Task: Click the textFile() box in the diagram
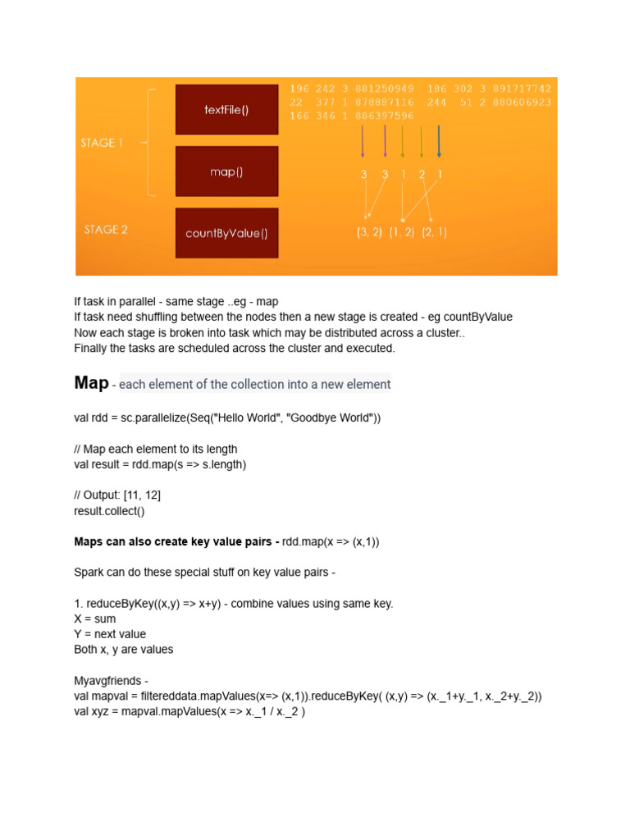click(x=226, y=110)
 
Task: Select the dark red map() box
click(x=226, y=171)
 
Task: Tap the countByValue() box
click(x=226, y=233)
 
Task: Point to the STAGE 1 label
click(x=103, y=143)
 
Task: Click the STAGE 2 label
click(x=106, y=230)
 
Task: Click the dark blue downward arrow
click(x=440, y=141)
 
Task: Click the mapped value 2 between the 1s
click(x=421, y=175)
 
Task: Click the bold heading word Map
click(x=91, y=383)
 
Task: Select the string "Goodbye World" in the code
click(x=331, y=418)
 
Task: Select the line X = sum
click(x=95, y=619)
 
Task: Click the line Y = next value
click(x=110, y=634)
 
